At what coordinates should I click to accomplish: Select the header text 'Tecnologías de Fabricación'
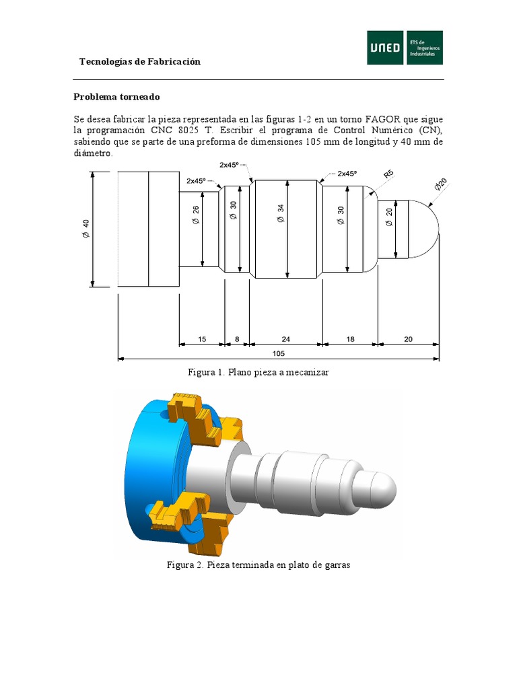(140, 62)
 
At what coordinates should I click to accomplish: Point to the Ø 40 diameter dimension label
(85, 229)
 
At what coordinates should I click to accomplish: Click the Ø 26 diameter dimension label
(196, 215)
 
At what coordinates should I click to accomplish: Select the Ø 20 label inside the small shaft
(389, 217)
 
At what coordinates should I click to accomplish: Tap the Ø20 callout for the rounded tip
(442, 186)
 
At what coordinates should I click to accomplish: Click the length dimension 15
(202, 340)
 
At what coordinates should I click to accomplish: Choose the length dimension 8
(236, 340)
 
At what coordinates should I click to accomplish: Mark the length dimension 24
(285, 340)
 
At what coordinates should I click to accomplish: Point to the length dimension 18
(350, 340)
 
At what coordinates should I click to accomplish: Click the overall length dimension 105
(279, 353)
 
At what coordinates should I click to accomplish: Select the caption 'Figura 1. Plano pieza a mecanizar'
(258, 372)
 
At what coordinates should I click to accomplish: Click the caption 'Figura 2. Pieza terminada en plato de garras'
(258, 565)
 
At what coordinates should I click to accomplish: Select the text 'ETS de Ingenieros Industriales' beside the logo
(425, 48)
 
